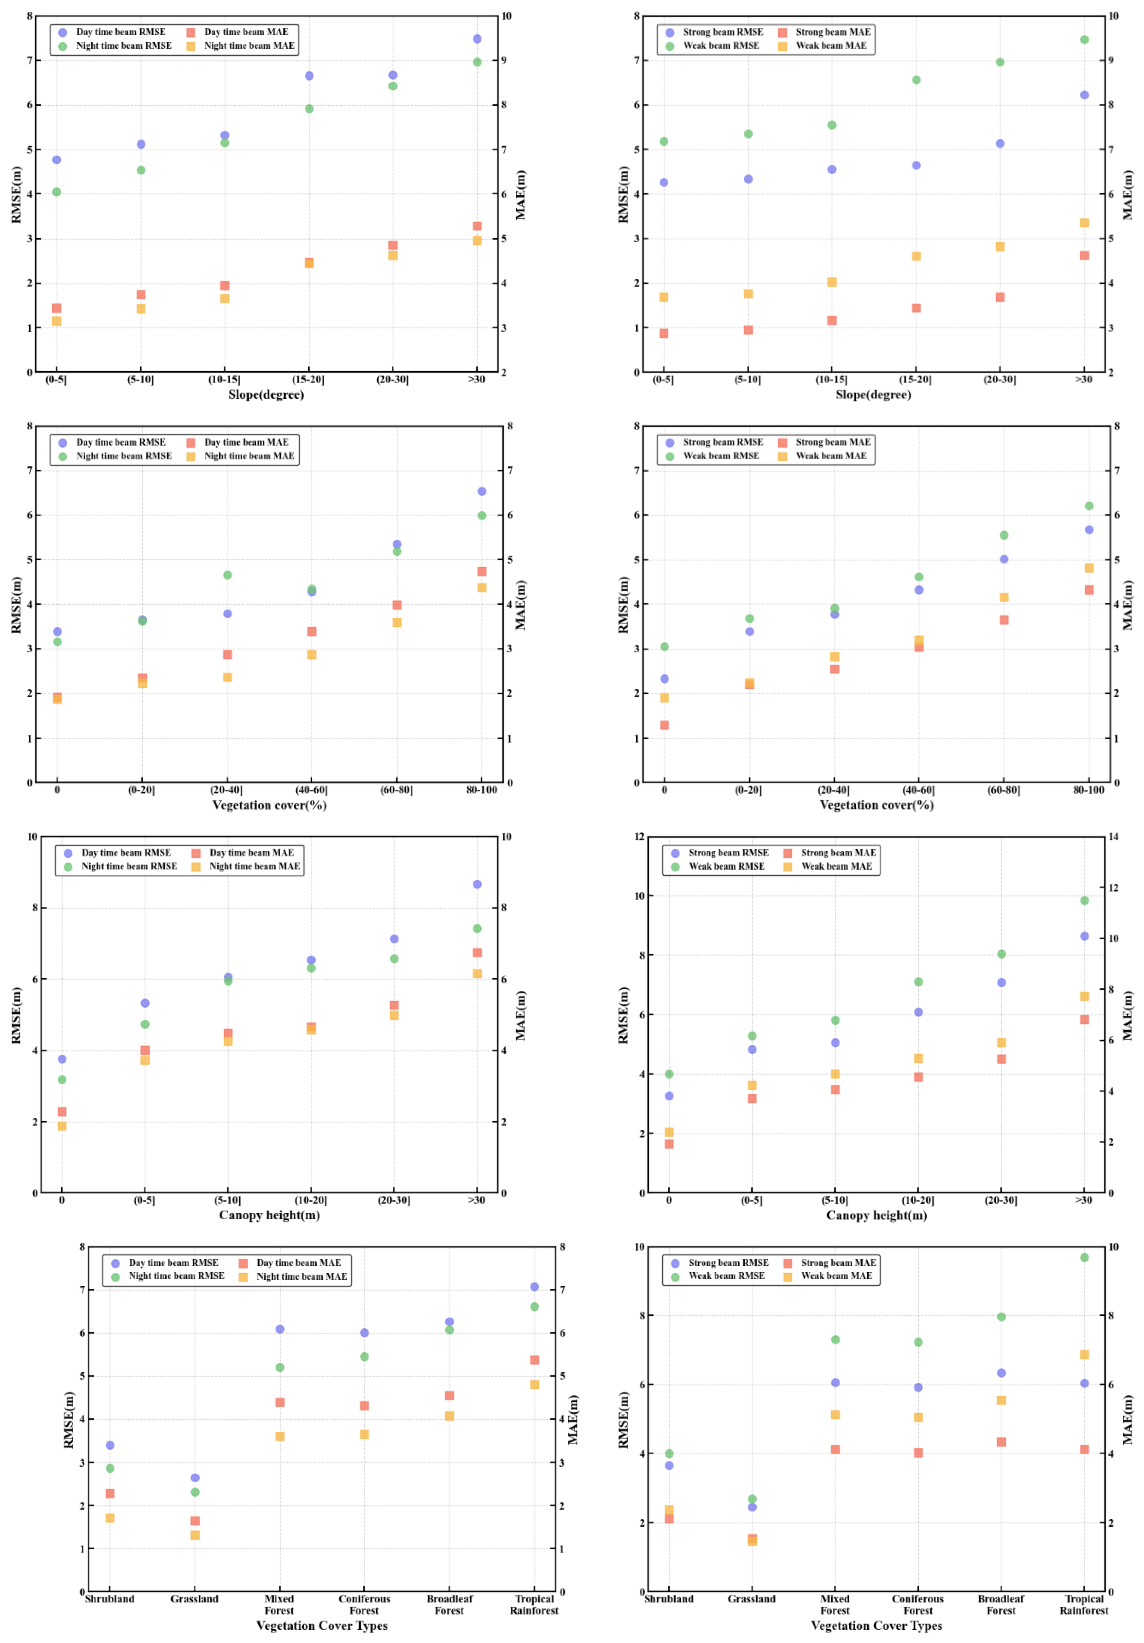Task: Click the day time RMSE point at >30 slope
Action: [x=477, y=38]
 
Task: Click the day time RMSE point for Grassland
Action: [x=195, y=1478]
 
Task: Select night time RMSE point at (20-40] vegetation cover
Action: [x=227, y=574]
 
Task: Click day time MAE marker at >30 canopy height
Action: [x=477, y=952]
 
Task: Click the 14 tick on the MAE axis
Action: [x=1113, y=837]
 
